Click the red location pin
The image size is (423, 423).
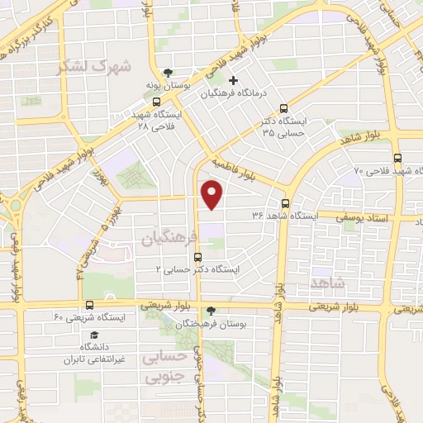(212, 196)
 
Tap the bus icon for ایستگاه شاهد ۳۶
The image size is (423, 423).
(285, 203)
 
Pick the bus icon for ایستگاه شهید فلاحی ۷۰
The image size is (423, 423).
(398, 158)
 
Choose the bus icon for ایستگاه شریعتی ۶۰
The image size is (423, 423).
(88, 305)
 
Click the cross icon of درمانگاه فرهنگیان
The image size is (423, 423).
(233, 82)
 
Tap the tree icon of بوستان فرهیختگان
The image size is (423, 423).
(211, 311)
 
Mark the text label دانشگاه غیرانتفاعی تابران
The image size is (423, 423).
(93, 354)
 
